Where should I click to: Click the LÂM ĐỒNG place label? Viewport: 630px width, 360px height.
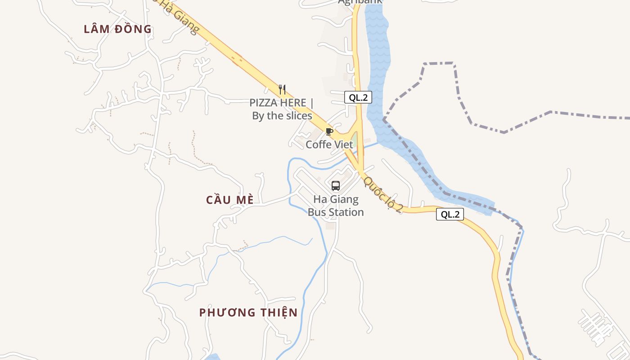coord(118,29)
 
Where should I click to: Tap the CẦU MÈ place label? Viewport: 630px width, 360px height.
coord(230,200)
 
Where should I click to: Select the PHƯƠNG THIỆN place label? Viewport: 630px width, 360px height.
coord(248,312)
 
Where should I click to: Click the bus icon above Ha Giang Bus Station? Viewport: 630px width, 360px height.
coord(336,186)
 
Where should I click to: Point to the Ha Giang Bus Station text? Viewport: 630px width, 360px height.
coord(336,206)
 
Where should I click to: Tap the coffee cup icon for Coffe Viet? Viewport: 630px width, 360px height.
coord(329,132)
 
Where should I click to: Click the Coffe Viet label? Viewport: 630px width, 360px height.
coord(329,145)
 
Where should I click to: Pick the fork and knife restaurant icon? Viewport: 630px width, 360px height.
coord(282,90)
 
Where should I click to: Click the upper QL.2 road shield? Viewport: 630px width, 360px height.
coord(358,97)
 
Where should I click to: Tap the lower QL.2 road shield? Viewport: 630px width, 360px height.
coord(450,215)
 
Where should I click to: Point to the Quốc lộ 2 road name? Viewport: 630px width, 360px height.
coord(383,194)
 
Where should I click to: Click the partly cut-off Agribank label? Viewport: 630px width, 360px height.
coord(360,2)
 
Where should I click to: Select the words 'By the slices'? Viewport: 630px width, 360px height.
coord(282,116)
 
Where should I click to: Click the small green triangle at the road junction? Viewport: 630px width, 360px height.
coord(354,140)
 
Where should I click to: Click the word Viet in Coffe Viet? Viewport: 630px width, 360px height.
coord(343,145)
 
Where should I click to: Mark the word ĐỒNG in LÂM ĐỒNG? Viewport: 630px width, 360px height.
coord(133,29)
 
